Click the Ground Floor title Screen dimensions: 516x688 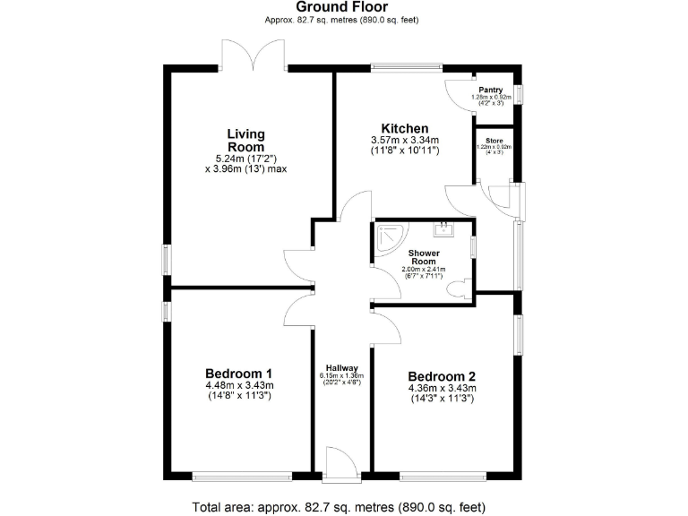tap(342, 7)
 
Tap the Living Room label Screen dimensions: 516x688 tap(245, 141)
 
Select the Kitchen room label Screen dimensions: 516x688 tap(405, 128)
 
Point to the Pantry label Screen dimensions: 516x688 tap(490, 90)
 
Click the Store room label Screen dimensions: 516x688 tap(494, 141)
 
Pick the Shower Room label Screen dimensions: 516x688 tap(422, 257)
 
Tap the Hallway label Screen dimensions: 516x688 tap(342, 368)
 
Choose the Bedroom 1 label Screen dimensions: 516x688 tap(239, 374)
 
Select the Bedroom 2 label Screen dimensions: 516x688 tap(442, 376)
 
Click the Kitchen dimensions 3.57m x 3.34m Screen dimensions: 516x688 tap(405, 141)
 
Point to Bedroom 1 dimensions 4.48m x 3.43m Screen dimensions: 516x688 tap(239, 386)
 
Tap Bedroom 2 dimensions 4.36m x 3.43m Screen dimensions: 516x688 tap(442, 388)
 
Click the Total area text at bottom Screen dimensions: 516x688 tap(340, 506)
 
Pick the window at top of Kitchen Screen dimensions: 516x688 tap(407, 65)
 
